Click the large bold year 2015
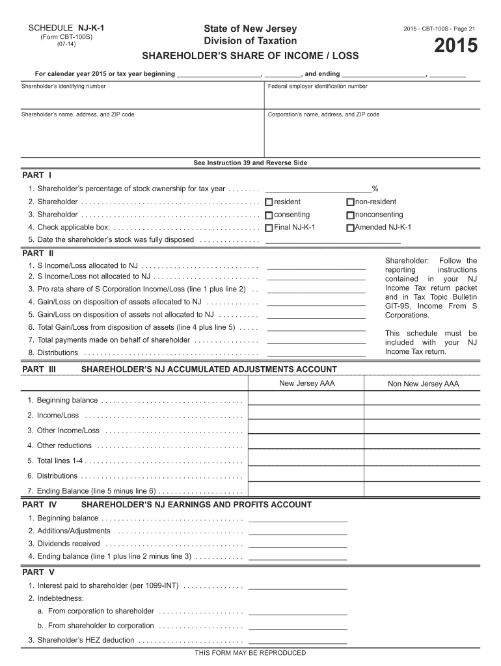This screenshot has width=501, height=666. coord(455,46)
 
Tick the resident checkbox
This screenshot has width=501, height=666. coord(269,202)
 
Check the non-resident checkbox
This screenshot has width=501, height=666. coord(350,202)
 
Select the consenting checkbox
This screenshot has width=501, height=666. coord(269,215)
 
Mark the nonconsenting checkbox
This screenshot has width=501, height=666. coord(350,215)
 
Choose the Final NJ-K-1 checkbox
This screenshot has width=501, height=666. coord(269,228)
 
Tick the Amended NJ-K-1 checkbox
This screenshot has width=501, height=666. coord(350,228)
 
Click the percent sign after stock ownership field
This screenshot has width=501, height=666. coord(375,189)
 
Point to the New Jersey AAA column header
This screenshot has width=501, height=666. coord(307,383)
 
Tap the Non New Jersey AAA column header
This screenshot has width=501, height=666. coord(423,384)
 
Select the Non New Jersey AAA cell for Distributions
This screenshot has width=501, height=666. coord(423,474)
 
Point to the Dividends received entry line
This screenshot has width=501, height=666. coord(298,543)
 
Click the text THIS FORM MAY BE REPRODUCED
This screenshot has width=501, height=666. coord(251,653)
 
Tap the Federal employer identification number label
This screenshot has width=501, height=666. coord(318,87)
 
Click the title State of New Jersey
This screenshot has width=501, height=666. coord(251,29)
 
